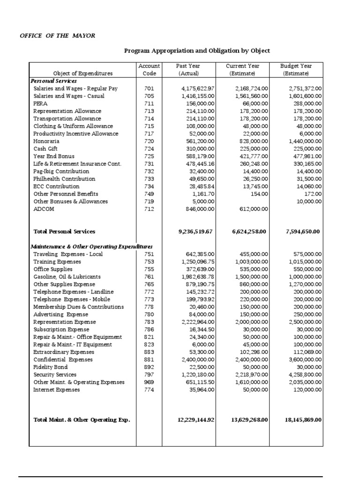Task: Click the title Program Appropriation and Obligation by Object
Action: pyautogui.click(x=197, y=51)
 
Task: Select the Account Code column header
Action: pyautogui.click(x=150, y=70)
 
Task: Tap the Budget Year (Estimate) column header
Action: pyautogui.click(x=296, y=70)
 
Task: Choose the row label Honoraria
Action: pyautogui.click(x=46, y=141)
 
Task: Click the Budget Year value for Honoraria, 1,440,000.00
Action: pyautogui.click(x=302, y=141)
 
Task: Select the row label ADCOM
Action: pyautogui.click(x=44, y=209)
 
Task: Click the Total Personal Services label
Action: pyautogui.click(x=64, y=232)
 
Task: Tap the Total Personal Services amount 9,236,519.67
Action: pyautogui.click(x=195, y=232)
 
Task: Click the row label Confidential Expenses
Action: pyautogui.click(x=63, y=360)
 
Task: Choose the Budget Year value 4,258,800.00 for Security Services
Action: pyautogui.click(x=302, y=375)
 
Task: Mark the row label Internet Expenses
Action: pyautogui.click(x=56, y=390)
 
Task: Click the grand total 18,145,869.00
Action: pyautogui.click(x=303, y=420)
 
